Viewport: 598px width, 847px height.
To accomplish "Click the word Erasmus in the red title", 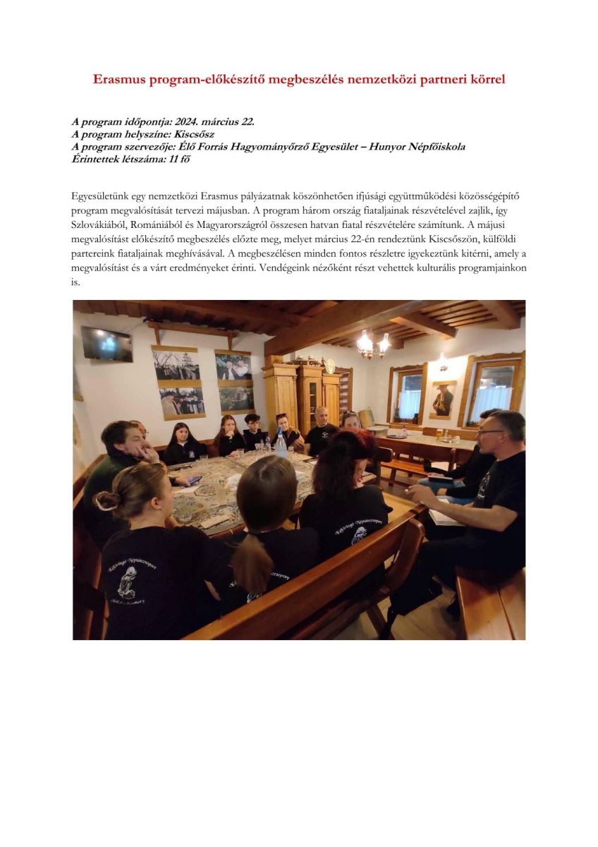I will pyautogui.click(x=119, y=80).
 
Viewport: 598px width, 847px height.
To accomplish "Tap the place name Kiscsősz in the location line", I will pyautogui.click(x=195, y=134).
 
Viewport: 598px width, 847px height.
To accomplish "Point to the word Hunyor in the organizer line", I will pyautogui.click(x=383, y=146).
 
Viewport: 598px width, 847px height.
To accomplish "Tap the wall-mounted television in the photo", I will pyautogui.click(x=106, y=344).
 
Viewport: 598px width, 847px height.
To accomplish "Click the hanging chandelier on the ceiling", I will pyautogui.click(x=373, y=344).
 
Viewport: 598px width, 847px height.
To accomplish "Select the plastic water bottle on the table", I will pyautogui.click(x=281, y=444).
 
